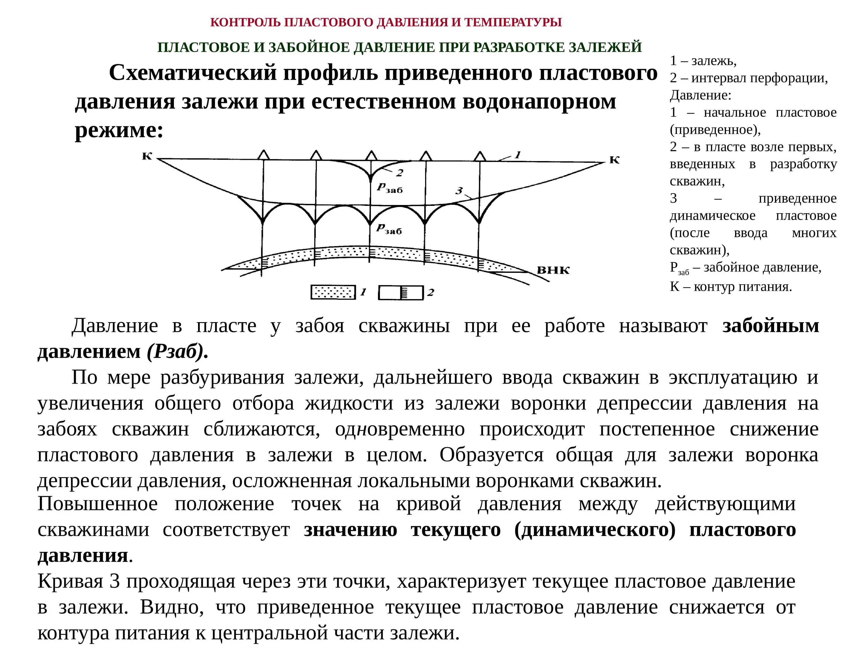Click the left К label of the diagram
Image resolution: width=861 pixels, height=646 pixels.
click(147, 156)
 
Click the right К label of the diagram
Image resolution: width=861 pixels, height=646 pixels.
click(614, 160)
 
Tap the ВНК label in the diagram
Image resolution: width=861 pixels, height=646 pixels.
click(553, 270)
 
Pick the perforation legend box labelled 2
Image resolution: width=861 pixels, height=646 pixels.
click(401, 293)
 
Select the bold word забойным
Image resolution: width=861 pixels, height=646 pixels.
click(771, 326)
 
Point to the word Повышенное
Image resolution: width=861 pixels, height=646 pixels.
click(98, 504)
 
